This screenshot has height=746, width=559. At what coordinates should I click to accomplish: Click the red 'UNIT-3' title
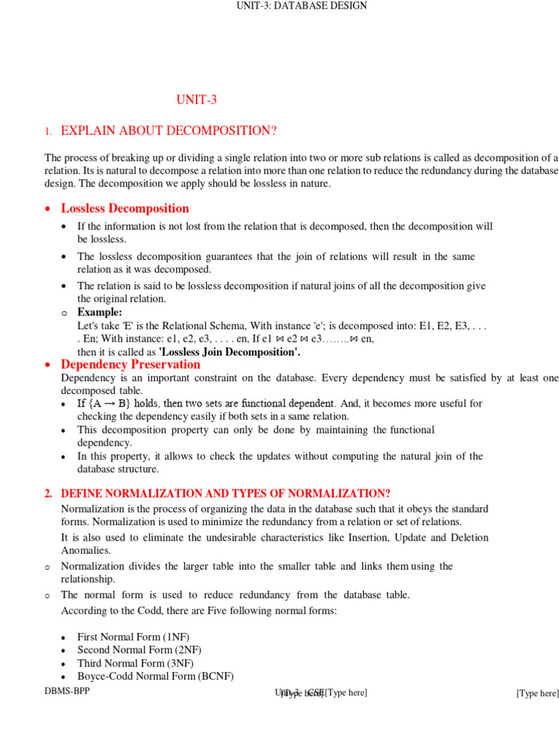(x=197, y=101)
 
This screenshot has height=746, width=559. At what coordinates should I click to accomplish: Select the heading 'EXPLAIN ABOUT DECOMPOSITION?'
(x=169, y=131)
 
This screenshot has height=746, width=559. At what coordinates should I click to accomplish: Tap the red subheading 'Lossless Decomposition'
(x=124, y=208)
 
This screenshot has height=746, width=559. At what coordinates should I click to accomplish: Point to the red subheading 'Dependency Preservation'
(x=130, y=364)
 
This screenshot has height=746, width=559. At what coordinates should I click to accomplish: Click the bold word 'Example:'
(x=100, y=313)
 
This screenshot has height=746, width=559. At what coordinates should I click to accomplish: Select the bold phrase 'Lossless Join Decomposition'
(x=229, y=352)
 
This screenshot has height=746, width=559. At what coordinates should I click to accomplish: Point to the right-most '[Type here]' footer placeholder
(x=537, y=694)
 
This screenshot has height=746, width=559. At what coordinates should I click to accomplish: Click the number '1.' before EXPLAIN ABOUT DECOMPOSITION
(x=48, y=132)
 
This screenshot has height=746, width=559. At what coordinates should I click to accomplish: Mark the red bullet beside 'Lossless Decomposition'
(x=48, y=209)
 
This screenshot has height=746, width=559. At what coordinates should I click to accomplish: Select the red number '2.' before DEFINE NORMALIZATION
(x=48, y=494)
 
